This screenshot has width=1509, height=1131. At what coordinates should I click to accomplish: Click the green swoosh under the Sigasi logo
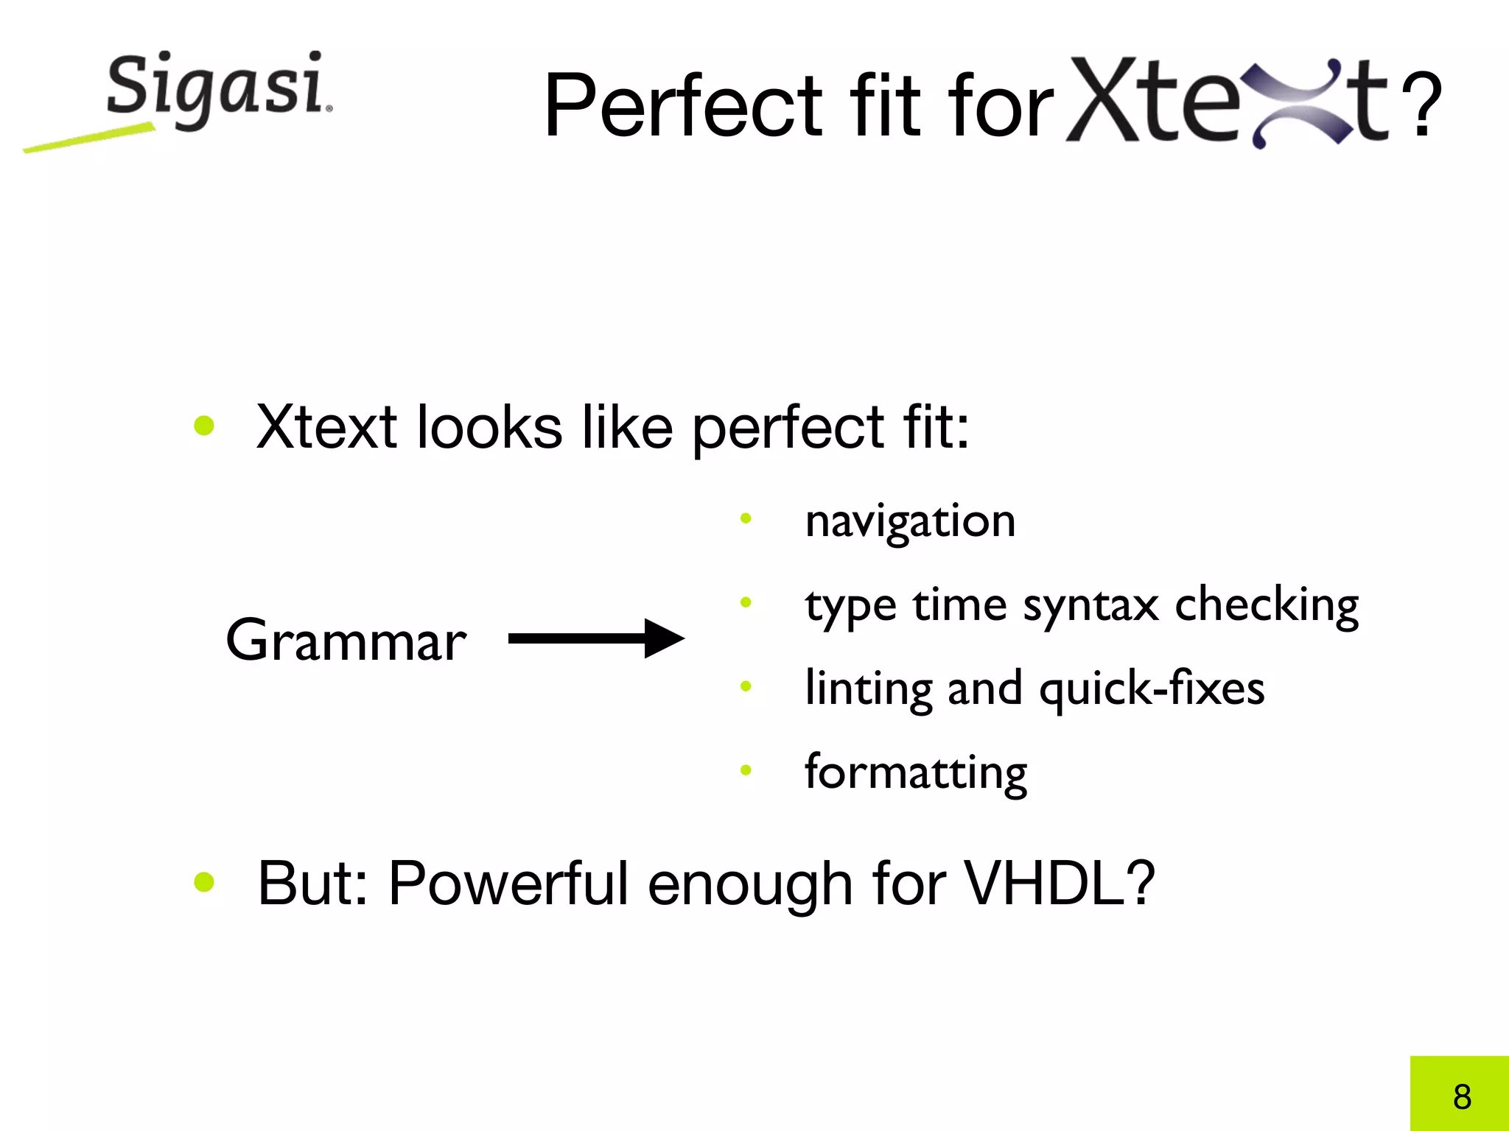(88, 138)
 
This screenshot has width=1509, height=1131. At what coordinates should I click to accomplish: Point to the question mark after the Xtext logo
(1421, 105)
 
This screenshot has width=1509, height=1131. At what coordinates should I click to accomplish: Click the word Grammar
(346, 640)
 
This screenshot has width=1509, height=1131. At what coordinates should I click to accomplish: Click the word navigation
(910, 522)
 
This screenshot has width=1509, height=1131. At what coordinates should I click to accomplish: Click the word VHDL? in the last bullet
(1059, 883)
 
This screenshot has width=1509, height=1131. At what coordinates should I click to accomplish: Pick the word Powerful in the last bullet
(508, 883)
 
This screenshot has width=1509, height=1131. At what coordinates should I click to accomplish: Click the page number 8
(1462, 1096)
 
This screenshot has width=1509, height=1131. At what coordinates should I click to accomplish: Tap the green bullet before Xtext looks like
(204, 426)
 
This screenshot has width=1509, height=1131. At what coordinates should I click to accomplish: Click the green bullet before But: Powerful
(204, 882)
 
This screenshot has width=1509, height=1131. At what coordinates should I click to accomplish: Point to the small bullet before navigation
(746, 518)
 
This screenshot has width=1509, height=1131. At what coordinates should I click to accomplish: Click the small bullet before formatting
(746, 770)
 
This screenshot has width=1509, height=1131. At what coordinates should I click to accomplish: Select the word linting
(869, 689)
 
